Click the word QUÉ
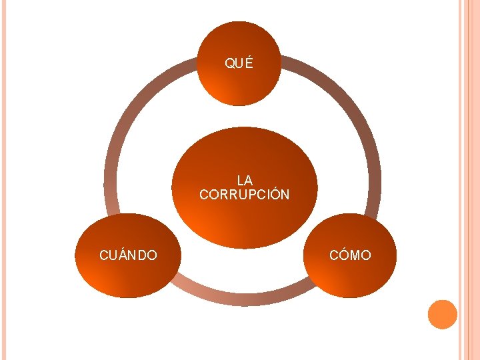(x=239, y=64)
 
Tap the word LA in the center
(x=245, y=180)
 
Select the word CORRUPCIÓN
(x=245, y=195)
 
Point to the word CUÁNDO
(x=128, y=255)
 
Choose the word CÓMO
(x=350, y=255)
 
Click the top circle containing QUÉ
(x=240, y=83)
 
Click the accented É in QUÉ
(x=249, y=63)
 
